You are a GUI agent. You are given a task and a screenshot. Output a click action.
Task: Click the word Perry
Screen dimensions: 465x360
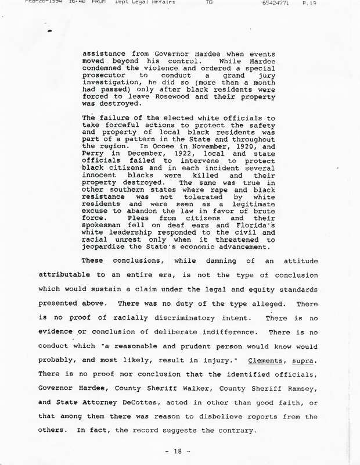point(96,148)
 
